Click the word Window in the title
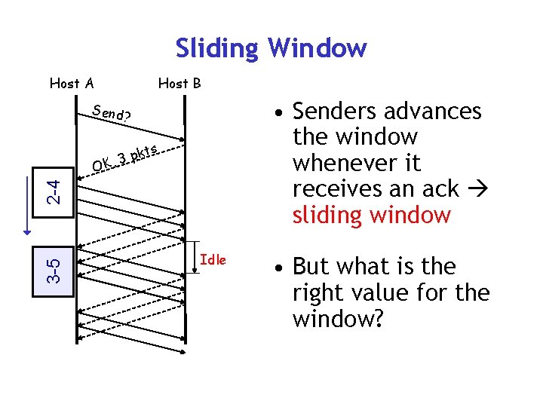317,48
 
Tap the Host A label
72,83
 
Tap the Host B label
179,83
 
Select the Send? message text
111,114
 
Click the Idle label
213,260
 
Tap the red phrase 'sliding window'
371,216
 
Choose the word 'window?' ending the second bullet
338,319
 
